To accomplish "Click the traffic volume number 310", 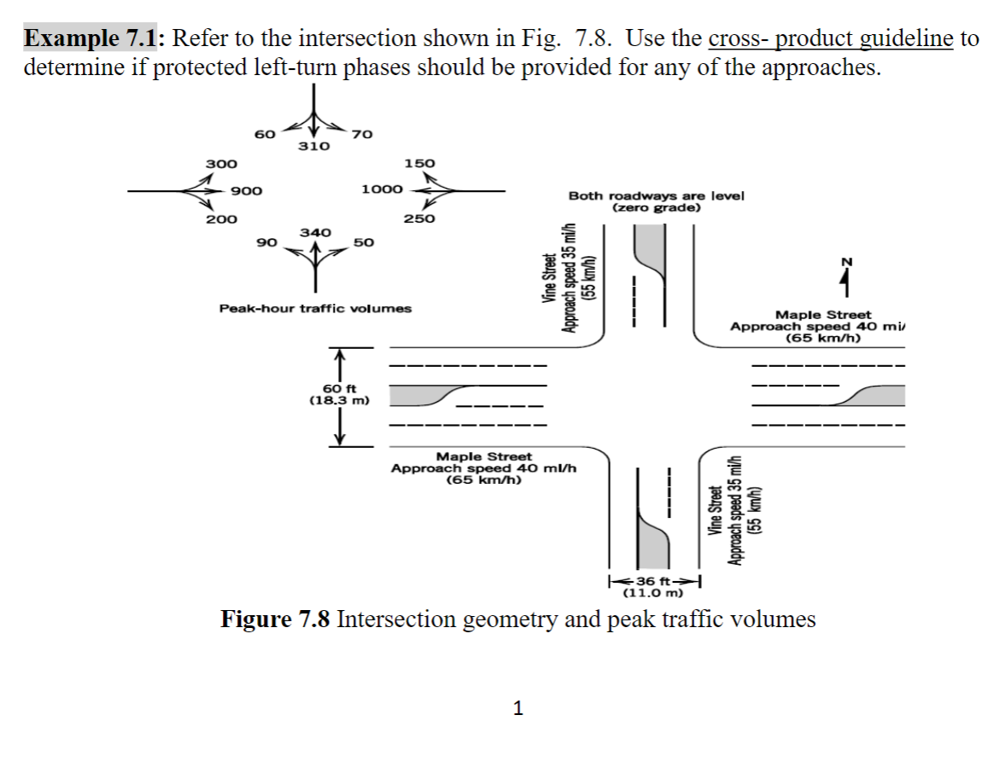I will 313,147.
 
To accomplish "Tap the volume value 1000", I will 382,189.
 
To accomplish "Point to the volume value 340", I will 315,232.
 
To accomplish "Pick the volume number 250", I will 419,218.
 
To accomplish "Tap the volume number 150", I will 419,163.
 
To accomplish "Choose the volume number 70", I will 362,134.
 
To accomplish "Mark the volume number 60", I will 265,134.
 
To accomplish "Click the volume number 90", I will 266,243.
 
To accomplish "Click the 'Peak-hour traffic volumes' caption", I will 315,308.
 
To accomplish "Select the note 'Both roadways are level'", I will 656,195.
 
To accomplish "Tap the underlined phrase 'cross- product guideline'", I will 830,39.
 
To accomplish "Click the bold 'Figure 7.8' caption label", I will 275,619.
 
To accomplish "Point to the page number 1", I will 517,707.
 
